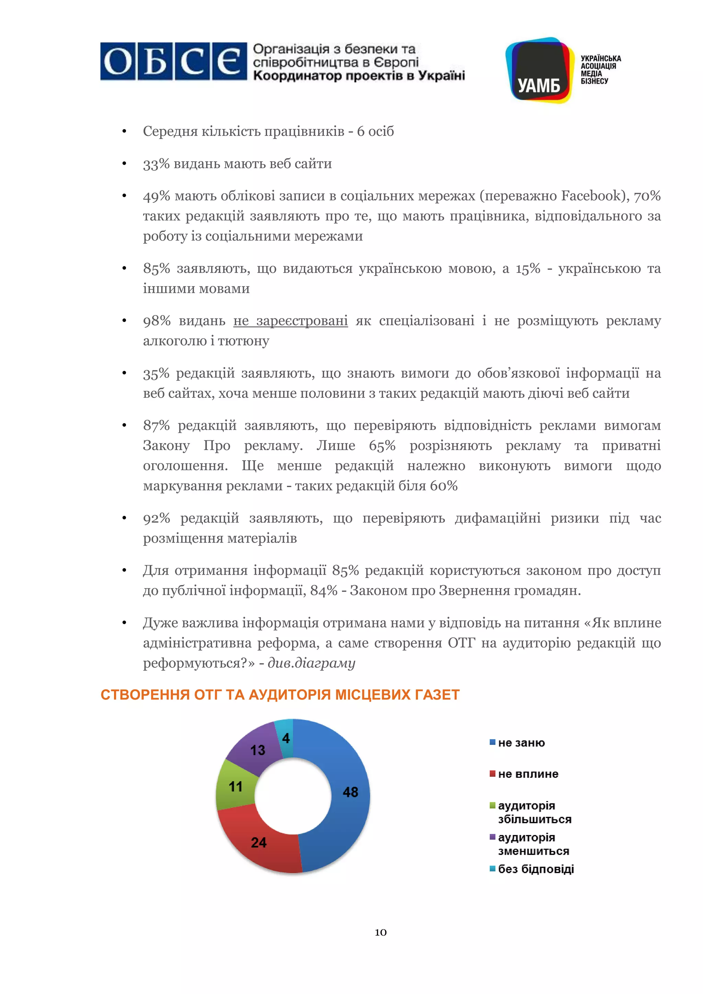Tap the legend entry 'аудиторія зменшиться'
coord(533,844)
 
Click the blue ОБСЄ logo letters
coord(173,61)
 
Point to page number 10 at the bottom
coord(380,932)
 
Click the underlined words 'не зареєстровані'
coord(290,321)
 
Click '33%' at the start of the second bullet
coord(156,164)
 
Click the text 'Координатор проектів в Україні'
coord(358,76)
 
